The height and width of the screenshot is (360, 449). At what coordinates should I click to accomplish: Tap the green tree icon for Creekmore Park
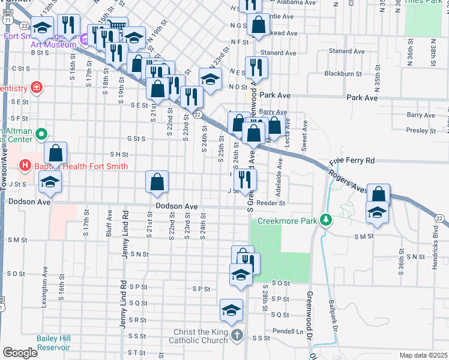coord(326,220)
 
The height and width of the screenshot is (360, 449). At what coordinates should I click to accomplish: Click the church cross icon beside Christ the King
coord(237,335)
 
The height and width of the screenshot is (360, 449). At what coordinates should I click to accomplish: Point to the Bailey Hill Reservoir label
coord(54,343)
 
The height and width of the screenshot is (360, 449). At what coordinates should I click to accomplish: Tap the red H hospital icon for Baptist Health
coord(25,164)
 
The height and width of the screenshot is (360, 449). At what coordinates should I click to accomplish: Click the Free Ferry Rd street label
coord(352,161)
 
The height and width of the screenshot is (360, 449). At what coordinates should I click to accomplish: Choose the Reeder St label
coord(270,203)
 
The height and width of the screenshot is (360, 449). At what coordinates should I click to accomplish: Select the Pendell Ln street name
coord(283,331)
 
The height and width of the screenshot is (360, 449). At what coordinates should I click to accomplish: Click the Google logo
coord(20,353)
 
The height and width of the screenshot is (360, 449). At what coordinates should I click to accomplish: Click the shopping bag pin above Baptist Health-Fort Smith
coord(55,154)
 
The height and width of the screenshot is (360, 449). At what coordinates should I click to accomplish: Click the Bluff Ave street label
coord(110,223)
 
